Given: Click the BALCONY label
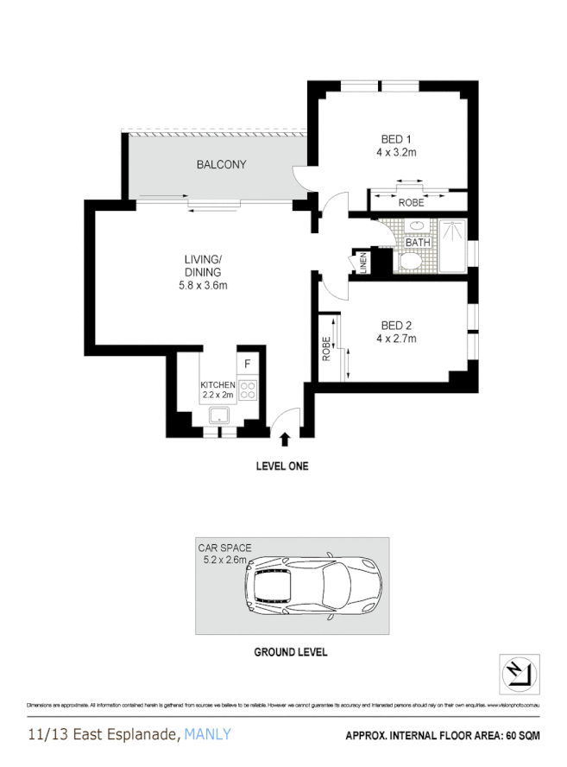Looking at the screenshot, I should pos(222,164).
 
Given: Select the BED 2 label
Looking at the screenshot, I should pos(396,325).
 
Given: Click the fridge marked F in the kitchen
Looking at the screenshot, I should pos(247,364).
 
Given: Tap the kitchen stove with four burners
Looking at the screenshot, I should pos(247,390).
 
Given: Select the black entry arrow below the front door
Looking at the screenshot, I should pos(285,441).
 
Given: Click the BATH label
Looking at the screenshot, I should pos(418,243).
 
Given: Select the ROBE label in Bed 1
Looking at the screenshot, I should pos(410,203).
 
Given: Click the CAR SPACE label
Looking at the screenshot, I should pos(224,548).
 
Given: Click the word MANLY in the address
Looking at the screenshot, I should pos(208,735).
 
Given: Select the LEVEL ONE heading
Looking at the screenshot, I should pos(281,466).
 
